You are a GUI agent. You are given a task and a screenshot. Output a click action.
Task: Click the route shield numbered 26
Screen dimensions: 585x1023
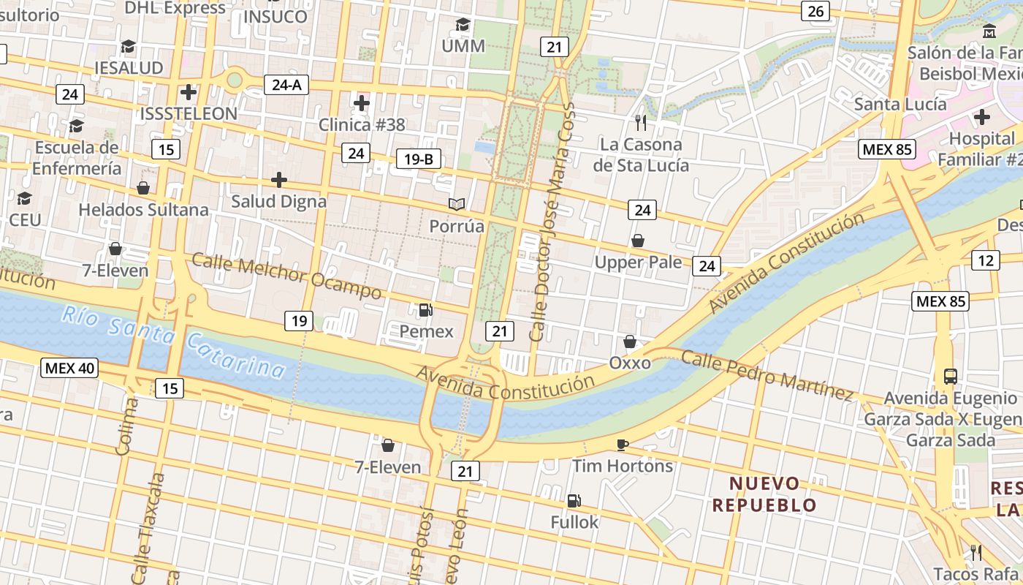click(815, 11)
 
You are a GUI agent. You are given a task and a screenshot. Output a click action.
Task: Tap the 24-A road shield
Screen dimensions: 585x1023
click(286, 85)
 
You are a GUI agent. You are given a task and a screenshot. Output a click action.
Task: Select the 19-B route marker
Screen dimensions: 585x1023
click(419, 159)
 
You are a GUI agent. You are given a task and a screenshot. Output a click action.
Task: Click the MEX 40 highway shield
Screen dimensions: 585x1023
click(69, 368)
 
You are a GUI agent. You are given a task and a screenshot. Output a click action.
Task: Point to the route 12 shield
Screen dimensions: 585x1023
click(986, 260)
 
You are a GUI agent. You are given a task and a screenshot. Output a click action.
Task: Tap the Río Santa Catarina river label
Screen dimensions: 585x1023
click(173, 343)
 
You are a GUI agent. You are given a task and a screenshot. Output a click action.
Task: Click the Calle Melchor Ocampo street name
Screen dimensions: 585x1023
click(286, 276)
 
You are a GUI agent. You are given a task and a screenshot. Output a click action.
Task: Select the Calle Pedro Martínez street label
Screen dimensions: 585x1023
click(767, 375)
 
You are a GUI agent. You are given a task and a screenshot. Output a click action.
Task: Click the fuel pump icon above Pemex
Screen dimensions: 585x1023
click(425, 310)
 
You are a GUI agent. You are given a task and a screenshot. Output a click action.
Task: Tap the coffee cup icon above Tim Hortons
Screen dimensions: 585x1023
click(622, 444)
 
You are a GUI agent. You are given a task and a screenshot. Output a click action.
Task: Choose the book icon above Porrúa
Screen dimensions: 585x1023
click(457, 204)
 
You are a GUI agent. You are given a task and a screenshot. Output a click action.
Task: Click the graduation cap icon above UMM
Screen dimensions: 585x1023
click(463, 25)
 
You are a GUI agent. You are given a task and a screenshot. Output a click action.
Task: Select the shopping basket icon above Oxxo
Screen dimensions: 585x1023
click(629, 341)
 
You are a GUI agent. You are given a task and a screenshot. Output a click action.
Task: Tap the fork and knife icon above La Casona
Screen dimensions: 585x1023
click(641, 122)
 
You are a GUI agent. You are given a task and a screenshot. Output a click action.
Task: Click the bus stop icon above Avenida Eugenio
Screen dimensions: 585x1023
click(950, 377)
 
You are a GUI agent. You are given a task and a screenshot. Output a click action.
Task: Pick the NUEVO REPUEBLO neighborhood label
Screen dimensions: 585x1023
click(764, 494)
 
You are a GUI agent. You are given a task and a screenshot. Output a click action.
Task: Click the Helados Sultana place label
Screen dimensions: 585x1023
click(143, 210)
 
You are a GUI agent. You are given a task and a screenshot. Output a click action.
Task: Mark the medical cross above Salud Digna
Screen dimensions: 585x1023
click(278, 180)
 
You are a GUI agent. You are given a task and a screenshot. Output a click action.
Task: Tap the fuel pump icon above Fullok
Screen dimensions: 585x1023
click(574, 501)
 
